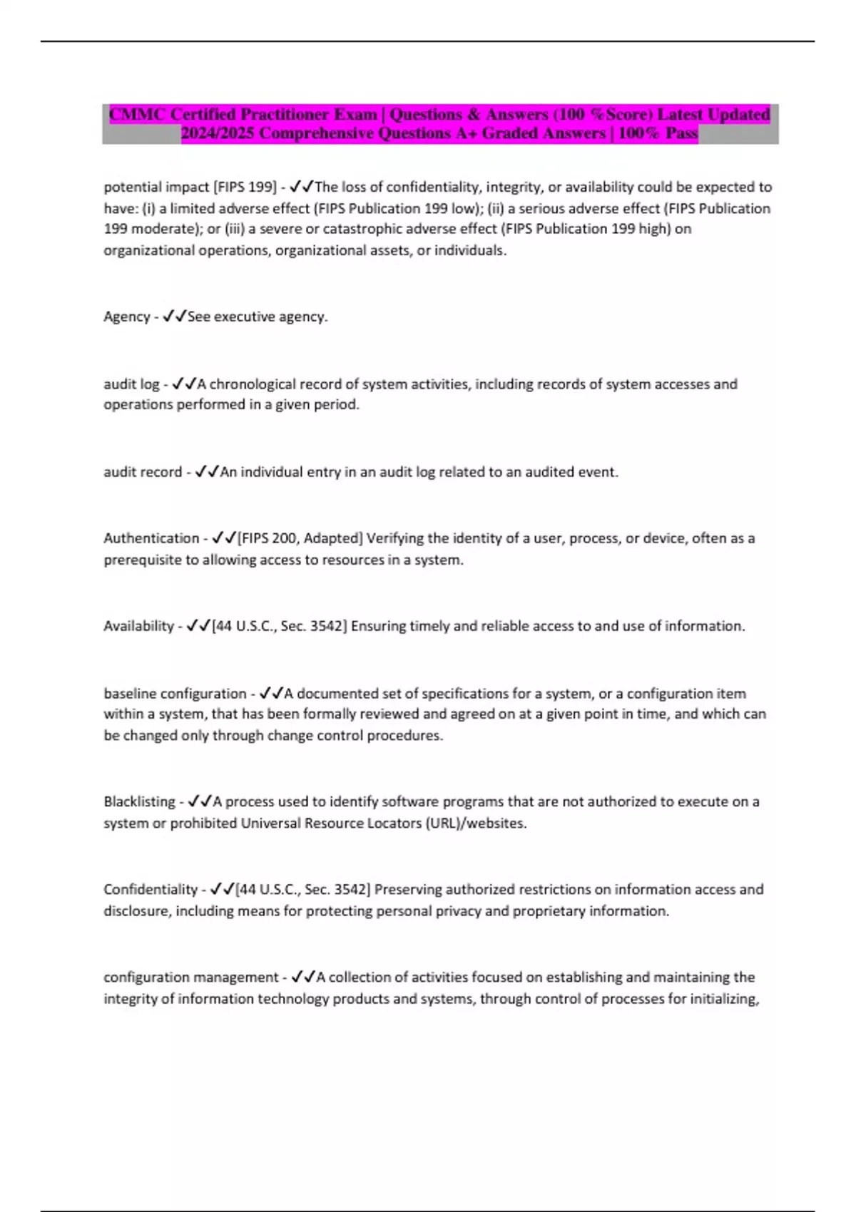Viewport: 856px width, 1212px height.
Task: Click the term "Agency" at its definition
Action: click(x=127, y=317)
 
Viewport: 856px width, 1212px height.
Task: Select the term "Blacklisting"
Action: click(x=139, y=801)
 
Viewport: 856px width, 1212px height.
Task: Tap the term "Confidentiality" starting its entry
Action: click(x=151, y=889)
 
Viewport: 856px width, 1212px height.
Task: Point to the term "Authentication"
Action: click(x=151, y=538)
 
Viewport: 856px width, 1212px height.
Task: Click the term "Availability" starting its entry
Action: click(x=138, y=626)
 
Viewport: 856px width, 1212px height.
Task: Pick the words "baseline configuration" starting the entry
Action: click(x=175, y=693)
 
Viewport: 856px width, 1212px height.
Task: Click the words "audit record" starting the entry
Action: click(x=143, y=472)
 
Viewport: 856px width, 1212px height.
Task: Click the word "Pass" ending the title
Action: click(x=681, y=133)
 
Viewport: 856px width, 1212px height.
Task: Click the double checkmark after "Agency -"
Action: click(x=175, y=317)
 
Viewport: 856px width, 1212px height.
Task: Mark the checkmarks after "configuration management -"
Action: click(x=304, y=977)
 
